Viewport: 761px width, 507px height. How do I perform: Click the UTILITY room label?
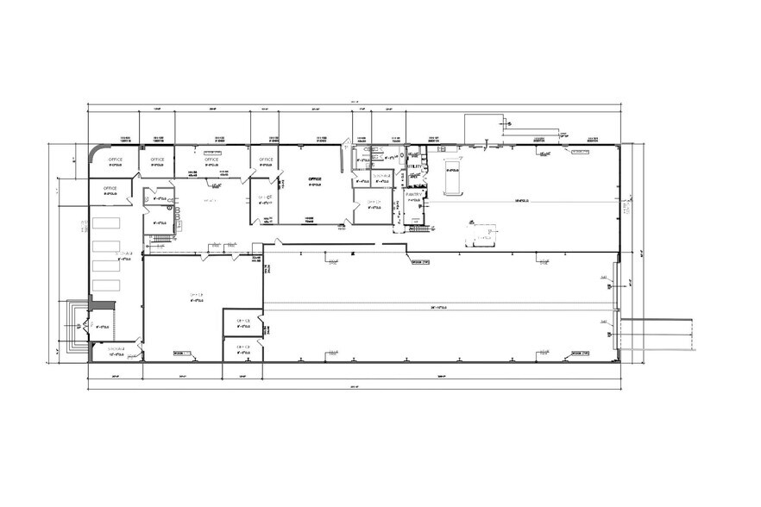tap(414, 165)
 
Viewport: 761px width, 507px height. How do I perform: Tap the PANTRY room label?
tap(413, 195)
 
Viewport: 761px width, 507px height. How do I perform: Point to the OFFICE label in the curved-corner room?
tap(114, 160)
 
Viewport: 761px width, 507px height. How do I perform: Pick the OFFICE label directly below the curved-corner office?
tap(110, 189)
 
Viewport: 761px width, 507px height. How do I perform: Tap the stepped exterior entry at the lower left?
tap(79, 326)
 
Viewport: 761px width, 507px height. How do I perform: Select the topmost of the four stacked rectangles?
tap(107, 223)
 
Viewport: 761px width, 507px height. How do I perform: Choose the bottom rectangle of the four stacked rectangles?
tap(107, 285)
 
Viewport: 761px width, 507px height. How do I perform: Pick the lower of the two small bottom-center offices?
tap(242, 349)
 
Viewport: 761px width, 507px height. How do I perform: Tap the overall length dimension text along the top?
tap(353, 103)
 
